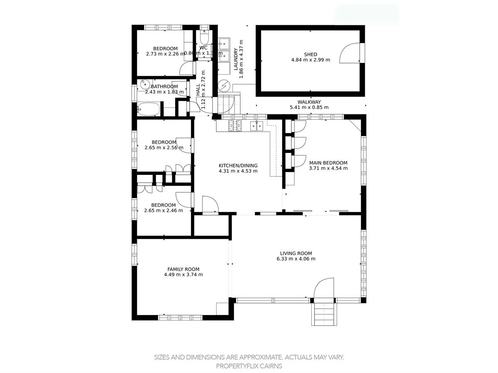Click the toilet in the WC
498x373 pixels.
point(204,38)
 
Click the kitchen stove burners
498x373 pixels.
point(235,125)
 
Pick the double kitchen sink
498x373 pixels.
point(256,126)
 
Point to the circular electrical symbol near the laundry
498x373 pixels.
point(224,86)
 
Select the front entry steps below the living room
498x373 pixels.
point(323,314)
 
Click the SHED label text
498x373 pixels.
point(310,54)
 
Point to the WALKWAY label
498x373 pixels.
point(309,102)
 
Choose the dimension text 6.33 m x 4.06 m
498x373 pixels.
point(296,259)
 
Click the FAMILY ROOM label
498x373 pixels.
point(183,269)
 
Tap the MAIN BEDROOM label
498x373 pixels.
point(328,163)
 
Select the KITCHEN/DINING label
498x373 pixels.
point(238,165)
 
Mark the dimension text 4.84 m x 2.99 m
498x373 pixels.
point(310,60)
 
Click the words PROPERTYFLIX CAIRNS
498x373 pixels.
point(249,366)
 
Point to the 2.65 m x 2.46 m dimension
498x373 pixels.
point(163,211)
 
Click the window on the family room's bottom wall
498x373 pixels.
point(180,317)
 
